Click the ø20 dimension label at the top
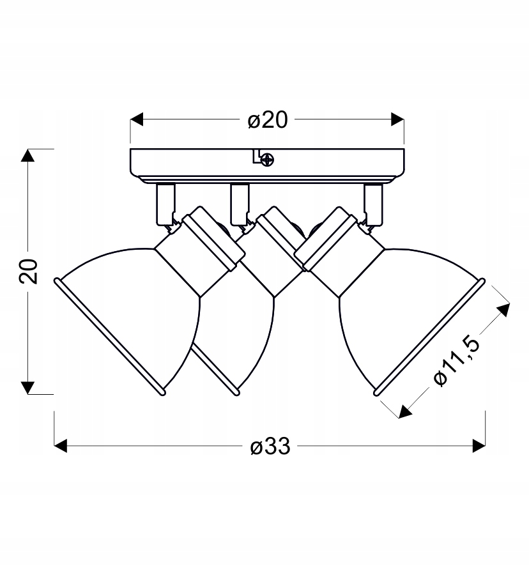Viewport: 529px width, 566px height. pos(268,120)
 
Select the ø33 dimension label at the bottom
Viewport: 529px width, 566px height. pos(270,447)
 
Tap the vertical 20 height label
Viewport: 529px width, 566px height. pos(29,271)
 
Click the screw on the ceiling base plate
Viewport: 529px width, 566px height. pos(268,159)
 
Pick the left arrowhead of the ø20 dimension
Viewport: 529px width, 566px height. pos(137,119)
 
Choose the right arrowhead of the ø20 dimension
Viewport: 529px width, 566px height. pos(397,119)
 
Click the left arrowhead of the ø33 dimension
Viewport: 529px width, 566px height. pos(61,446)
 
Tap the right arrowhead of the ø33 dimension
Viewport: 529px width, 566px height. pos(479,446)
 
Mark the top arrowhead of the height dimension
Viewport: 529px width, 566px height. pos(28,156)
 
